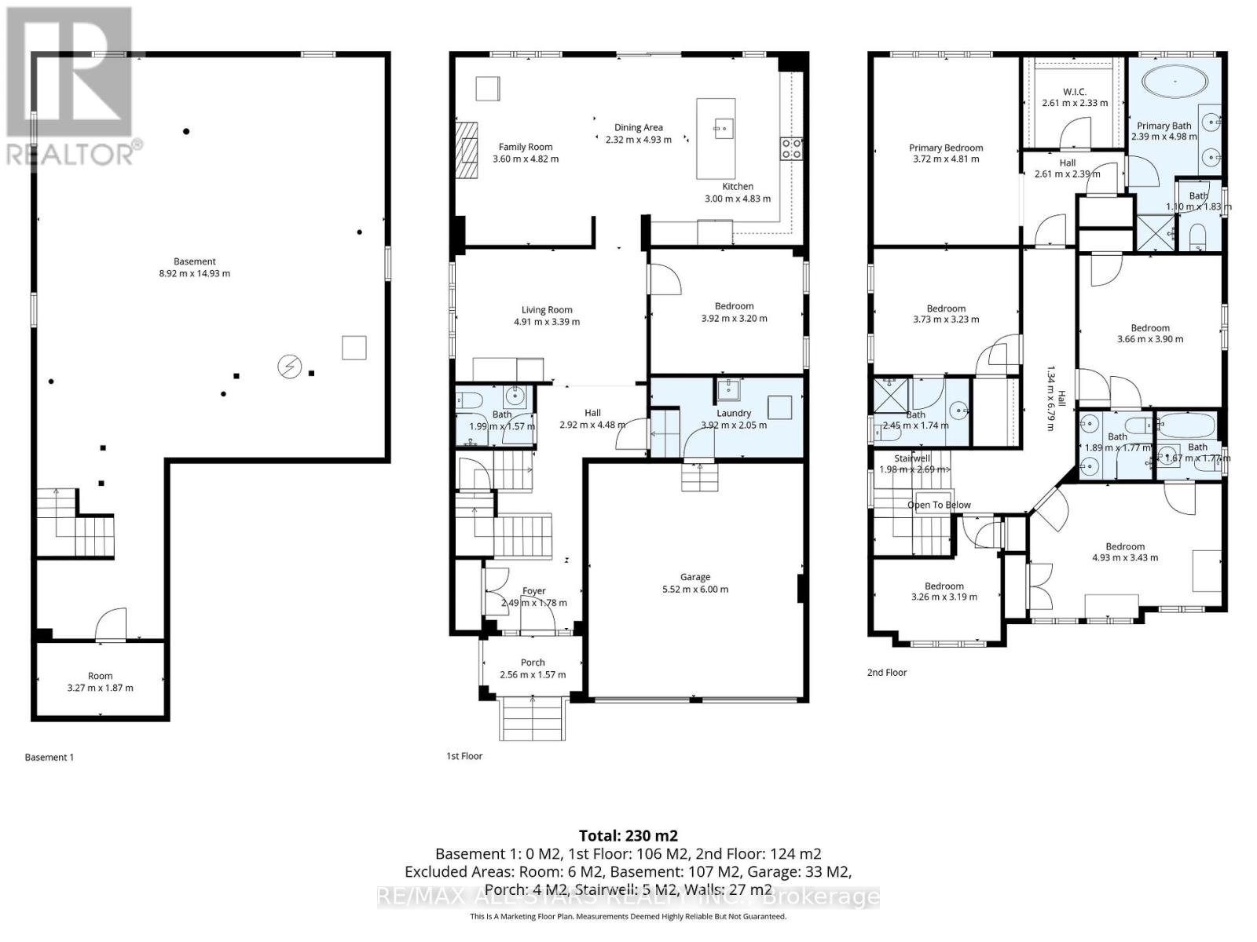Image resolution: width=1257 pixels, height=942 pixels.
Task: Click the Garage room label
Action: (x=694, y=577)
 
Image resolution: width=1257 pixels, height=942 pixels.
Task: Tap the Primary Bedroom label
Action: (x=946, y=148)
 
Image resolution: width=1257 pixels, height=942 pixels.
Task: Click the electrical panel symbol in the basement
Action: (x=290, y=366)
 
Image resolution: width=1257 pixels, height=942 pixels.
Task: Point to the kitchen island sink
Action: (x=723, y=126)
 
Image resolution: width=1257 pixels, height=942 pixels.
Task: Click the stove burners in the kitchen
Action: (x=791, y=148)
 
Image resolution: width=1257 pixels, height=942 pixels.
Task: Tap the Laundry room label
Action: (x=734, y=413)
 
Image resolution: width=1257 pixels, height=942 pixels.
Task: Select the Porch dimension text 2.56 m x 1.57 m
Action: (x=533, y=675)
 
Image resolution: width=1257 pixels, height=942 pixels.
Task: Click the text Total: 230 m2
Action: (x=628, y=835)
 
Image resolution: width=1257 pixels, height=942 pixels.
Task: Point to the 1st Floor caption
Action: (x=464, y=756)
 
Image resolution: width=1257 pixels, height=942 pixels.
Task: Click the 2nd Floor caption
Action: (x=887, y=672)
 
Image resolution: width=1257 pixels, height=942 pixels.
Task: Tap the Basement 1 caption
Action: (x=49, y=758)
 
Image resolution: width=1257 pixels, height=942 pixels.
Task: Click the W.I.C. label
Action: (x=1074, y=92)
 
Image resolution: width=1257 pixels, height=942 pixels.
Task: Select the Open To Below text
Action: (x=939, y=505)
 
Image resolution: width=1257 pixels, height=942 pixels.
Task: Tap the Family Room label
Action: (x=526, y=147)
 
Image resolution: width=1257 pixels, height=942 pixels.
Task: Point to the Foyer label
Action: (x=534, y=591)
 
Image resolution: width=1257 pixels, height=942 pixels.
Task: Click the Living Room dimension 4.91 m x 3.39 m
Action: (x=547, y=322)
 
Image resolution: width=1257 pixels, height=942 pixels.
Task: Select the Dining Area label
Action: (x=638, y=127)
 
